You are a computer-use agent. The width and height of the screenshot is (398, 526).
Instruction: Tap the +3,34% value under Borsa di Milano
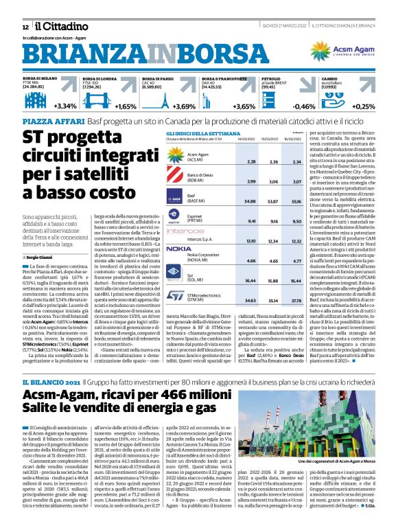coord(65,106)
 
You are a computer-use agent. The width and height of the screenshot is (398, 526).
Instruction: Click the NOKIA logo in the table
coord(178,249)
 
